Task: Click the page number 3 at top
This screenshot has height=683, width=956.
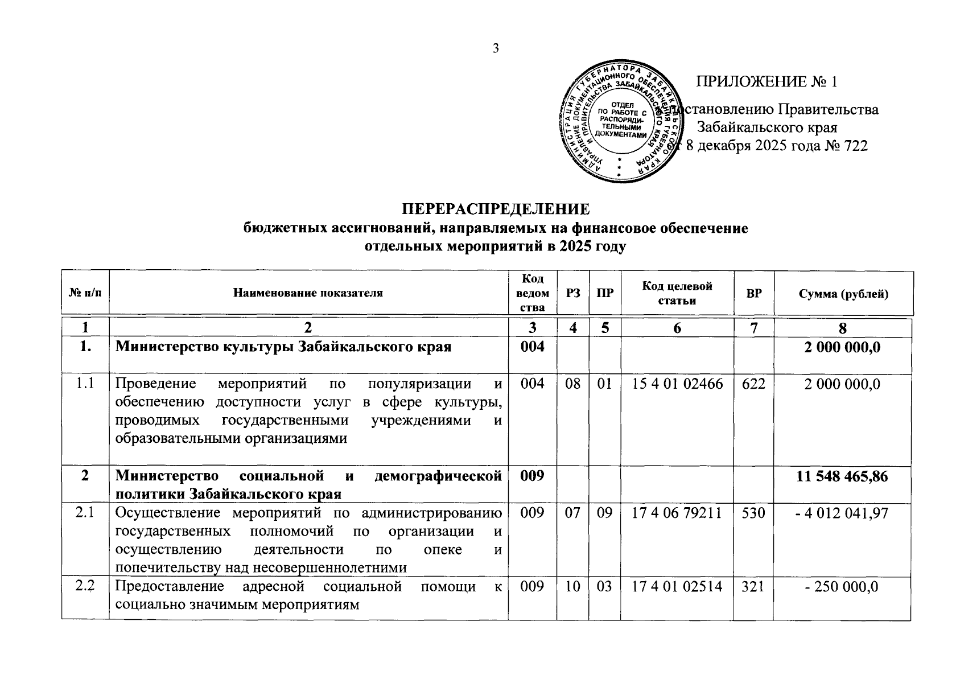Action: click(495, 48)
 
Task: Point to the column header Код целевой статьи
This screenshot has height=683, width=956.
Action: click(677, 293)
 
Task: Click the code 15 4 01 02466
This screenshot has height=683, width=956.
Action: click(677, 384)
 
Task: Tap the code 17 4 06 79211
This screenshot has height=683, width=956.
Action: click(677, 514)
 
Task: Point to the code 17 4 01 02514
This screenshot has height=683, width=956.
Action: click(677, 587)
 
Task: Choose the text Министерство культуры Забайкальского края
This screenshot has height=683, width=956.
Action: click(283, 347)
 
